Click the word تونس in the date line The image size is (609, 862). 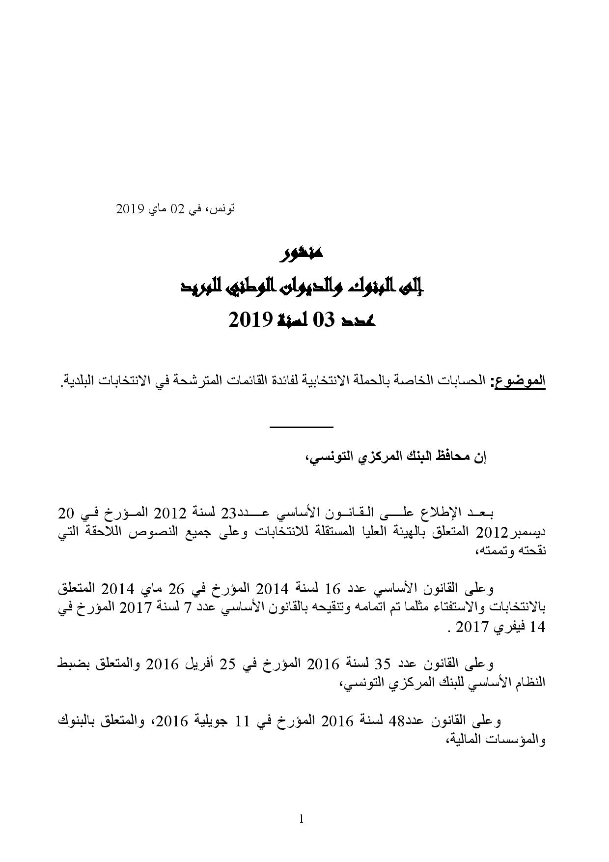[224, 209]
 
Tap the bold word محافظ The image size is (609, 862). [451, 456]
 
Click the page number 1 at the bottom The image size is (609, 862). [302, 818]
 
